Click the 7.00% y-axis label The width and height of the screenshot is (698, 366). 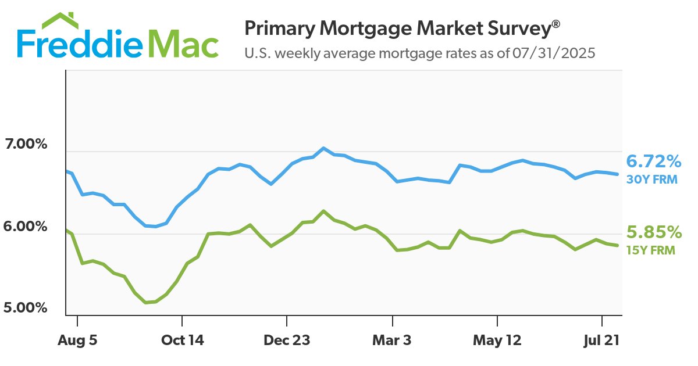pyautogui.click(x=25, y=144)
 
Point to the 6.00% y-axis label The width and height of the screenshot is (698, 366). pyautogui.click(x=25, y=226)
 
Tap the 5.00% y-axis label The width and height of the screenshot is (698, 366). pyautogui.click(x=25, y=307)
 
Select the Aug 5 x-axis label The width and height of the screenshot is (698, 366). pyautogui.click(x=78, y=340)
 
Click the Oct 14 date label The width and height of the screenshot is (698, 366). pyautogui.click(x=183, y=340)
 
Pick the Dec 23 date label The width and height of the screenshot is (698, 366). pyautogui.click(x=287, y=340)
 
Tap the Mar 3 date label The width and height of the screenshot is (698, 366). pyautogui.click(x=393, y=340)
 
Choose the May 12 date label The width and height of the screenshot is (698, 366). pyautogui.click(x=497, y=340)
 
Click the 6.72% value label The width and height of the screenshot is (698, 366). pyautogui.click(x=653, y=161)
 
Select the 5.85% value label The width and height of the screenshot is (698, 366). pyautogui.click(x=653, y=233)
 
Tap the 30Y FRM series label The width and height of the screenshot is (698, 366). pyautogui.click(x=651, y=180)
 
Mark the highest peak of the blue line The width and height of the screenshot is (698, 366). pyautogui.click(x=324, y=148)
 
